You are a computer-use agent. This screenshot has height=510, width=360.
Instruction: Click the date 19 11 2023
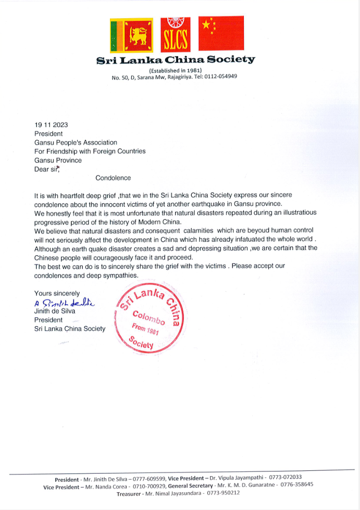(x=51, y=125)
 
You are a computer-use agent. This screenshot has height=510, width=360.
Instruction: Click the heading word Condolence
(x=113, y=178)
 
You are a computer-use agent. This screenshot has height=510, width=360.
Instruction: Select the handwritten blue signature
(x=66, y=303)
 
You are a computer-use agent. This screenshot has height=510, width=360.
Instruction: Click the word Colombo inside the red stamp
(x=149, y=318)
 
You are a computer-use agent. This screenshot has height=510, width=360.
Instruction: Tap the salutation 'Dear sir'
(x=47, y=169)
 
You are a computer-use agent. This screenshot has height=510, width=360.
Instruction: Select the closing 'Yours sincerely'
(x=57, y=294)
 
